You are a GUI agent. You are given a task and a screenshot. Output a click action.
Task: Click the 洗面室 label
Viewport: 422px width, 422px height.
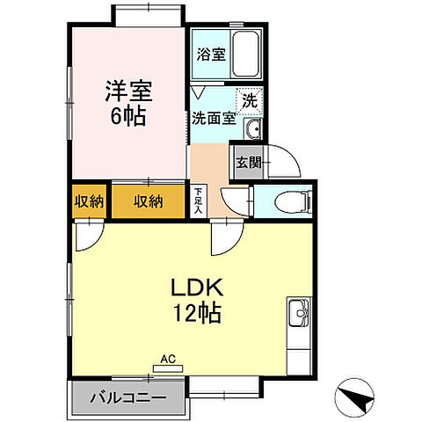click(212, 117)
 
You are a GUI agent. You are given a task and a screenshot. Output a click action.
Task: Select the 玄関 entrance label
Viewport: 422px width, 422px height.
click(246, 161)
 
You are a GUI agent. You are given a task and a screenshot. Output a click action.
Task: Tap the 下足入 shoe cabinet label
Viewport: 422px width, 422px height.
click(199, 200)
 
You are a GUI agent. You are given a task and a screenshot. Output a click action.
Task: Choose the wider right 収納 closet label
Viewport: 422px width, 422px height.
click(148, 201)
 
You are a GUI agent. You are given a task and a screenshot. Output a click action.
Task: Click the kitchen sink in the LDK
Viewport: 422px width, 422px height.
click(297, 311)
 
